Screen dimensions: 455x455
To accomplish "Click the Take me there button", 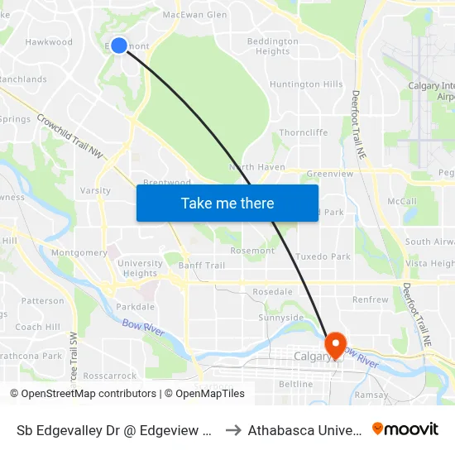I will click(227, 203).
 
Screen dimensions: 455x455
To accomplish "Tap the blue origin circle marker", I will click(119, 45).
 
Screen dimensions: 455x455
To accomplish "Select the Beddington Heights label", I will click(273, 46).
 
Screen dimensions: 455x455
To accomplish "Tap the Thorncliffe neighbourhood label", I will click(304, 132).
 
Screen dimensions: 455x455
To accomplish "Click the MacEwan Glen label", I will click(194, 15).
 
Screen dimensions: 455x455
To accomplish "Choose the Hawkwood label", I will click(49, 42).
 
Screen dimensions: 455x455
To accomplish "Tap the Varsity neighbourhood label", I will click(95, 190).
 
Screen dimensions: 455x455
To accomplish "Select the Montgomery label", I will click(79, 252).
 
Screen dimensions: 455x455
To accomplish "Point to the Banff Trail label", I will click(201, 266).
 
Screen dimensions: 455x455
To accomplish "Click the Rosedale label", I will click(272, 292).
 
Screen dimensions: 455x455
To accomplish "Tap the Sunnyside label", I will click(280, 318).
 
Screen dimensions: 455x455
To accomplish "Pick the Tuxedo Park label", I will click(323, 256).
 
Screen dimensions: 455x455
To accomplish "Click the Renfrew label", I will click(370, 299).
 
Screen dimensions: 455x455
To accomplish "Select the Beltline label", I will click(295, 385).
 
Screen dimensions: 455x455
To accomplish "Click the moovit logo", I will click(405, 429).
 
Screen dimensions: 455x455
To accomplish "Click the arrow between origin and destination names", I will click(233, 429).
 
